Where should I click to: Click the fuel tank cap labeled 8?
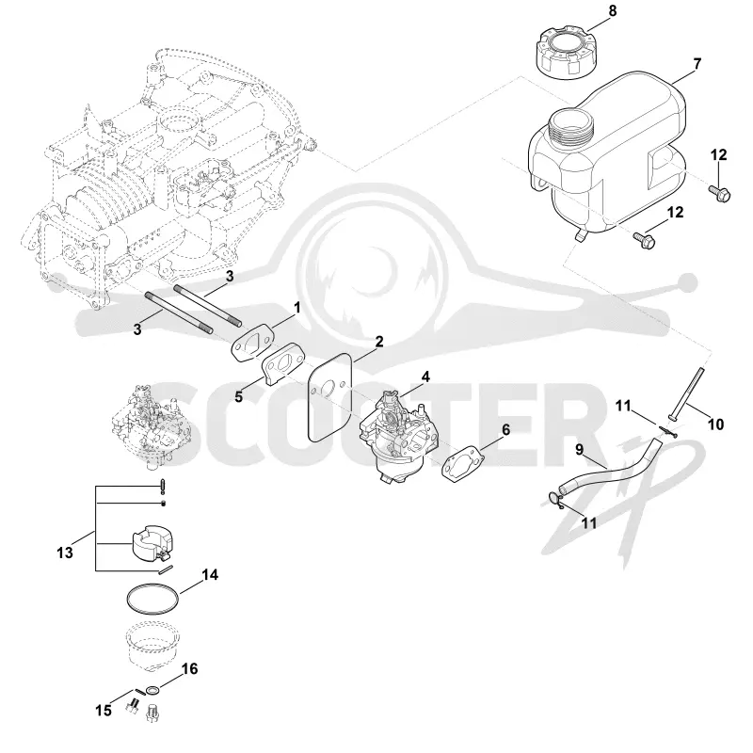point(563,50)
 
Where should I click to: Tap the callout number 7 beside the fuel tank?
point(697,64)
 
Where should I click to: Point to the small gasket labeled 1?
point(253,341)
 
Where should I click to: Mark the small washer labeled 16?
point(152,691)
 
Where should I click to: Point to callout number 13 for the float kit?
point(65,552)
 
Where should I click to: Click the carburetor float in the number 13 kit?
point(152,543)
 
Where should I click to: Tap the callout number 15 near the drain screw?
point(104,710)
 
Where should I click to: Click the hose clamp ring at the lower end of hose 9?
point(555,500)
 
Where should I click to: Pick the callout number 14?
point(210,574)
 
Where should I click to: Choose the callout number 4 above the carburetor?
point(425,377)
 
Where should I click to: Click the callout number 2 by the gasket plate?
point(379,342)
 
